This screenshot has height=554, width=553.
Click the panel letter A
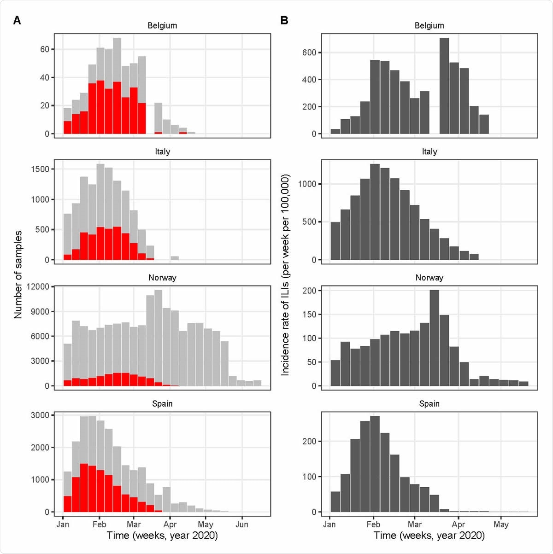click(x=17, y=20)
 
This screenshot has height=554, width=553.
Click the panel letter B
click(x=284, y=20)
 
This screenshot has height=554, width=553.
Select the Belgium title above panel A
click(x=162, y=26)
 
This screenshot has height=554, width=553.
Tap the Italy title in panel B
click(x=429, y=152)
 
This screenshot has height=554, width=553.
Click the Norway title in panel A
click(x=162, y=278)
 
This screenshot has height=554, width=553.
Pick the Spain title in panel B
click(x=429, y=404)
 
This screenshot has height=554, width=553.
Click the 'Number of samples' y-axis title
click(x=18, y=274)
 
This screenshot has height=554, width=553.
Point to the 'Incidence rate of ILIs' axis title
click(x=285, y=274)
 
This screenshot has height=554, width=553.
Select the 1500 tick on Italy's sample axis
click(x=40, y=169)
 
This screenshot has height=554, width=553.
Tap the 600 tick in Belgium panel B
click(x=309, y=52)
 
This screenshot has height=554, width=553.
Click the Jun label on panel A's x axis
click(x=242, y=524)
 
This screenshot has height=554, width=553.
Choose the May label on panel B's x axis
click(x=501, y=524)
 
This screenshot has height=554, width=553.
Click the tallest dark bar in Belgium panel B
click(x=444, y=86)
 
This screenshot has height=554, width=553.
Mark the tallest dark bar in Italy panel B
click(x=375, y=212)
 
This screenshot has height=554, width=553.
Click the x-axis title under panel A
click(x=162, y=536)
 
